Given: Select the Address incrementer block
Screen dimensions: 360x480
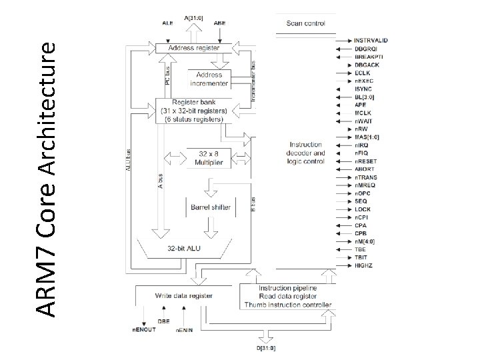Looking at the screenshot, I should pyautogui.click(x=209, y=79).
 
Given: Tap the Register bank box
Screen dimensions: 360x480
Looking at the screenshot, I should pyautogui.click(x=192, y=110).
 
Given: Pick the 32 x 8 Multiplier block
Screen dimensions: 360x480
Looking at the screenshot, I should pyautogui.click(x=209, y=157).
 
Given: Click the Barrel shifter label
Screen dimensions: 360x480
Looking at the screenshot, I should pyautogui.click(x=210, y=207).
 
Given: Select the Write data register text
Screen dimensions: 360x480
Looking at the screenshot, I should pyautogui.click(x=183, y=295).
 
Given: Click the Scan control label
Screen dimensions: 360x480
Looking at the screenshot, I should pyautogui.click(x=305, y=23).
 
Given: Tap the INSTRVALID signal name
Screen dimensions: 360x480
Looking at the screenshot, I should pyautogui.click(x=371, y=41).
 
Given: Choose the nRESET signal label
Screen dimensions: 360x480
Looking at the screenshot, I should pyautogui.click(x=365, y=161).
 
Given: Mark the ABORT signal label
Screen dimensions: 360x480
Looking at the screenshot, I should pyautogui.click(x=363, y=169).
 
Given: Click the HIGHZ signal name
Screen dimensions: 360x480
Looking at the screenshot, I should pyautogui.click(x=363, y=265).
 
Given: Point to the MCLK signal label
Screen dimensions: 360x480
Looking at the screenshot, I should pyautogui.click(x=362, y=113).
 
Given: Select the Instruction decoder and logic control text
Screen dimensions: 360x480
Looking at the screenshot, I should pyautogui.click(x=306, y=152).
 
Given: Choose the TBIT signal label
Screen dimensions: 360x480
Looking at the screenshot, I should pyautogui.click(x=361, y=257).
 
